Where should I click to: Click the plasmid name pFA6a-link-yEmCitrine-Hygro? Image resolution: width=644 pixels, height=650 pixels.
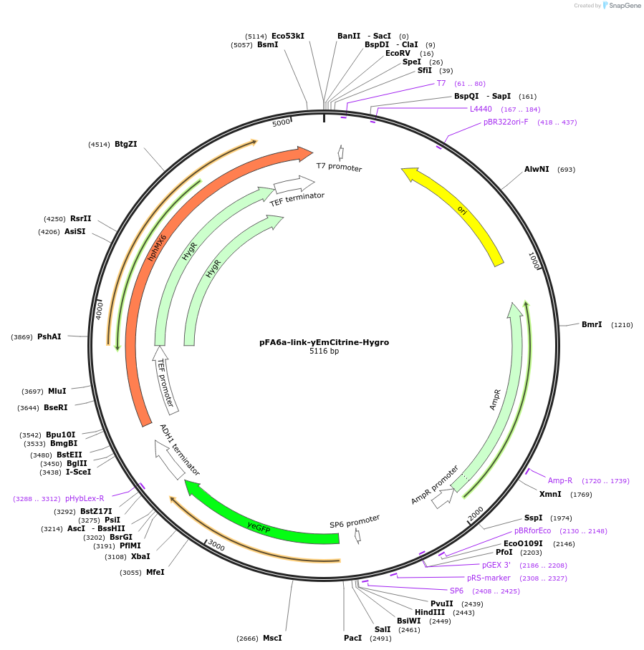[x=324, y=342]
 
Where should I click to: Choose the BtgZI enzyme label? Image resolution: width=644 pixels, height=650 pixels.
[x=125, y=144]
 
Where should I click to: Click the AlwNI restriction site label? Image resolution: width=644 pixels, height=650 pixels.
[x=537, y=170]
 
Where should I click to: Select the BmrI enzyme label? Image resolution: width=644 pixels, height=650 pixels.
[x=592, y=325]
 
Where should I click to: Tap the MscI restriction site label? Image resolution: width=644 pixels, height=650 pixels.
[x=272, y=638]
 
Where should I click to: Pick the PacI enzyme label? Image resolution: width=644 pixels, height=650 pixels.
[x=352, y=638]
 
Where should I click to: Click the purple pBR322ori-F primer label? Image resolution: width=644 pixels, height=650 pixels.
[x=506, y=122]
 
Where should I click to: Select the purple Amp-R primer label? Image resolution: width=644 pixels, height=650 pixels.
[x=560, y=481]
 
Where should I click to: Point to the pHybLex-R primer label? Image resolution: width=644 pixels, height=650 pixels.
[x=85, y=498]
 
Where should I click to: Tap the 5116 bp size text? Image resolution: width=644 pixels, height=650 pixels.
[x=324, y=351]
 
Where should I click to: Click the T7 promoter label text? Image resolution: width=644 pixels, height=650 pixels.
[x=340, y=168]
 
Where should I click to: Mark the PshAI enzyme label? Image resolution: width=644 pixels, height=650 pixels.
[x=49, y=336]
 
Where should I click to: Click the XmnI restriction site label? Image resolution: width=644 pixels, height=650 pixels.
[x=550, y=494]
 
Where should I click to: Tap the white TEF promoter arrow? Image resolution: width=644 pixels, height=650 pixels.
[x=165, y=379]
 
